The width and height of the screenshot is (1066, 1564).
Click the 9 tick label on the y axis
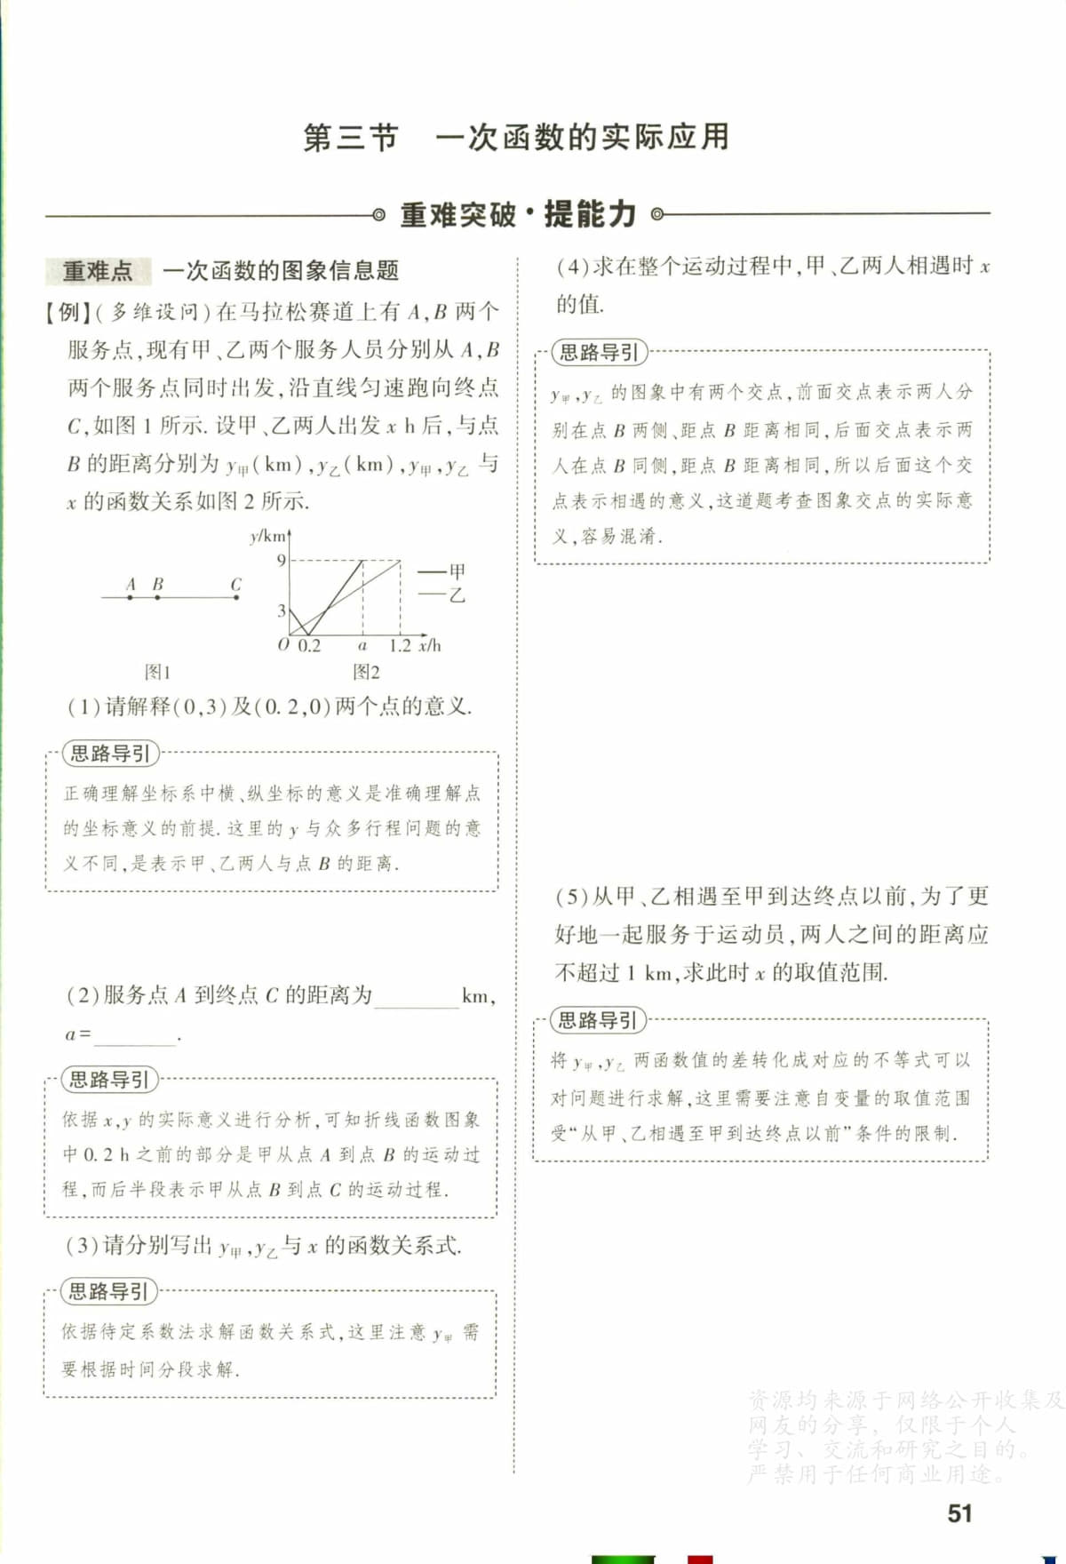click(281, 560)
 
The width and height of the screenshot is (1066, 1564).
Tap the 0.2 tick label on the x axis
click(309, 646)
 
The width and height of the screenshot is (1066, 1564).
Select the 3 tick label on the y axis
click(282, 610)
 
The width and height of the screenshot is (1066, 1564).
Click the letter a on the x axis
click(362, 646)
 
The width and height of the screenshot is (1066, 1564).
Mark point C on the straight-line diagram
click(236, 597)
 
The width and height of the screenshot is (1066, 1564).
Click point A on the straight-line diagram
click(131, 597)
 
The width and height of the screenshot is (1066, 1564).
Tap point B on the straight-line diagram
click(157, 597)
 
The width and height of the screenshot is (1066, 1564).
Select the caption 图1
click(157, 672)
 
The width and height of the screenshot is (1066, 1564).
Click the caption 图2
click(366, 672)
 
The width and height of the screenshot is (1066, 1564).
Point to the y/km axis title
click(267, 536)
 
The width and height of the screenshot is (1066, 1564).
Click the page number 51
click(959, 1513)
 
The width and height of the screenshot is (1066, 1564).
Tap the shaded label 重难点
click(97, 270)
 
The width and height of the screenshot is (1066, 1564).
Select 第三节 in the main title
click(350, 138)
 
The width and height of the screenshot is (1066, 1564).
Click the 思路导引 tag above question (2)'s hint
click(108, 1080)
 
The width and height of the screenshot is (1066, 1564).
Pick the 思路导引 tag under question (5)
click(597, 1020)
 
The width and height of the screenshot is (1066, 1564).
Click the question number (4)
click(573, 267)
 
